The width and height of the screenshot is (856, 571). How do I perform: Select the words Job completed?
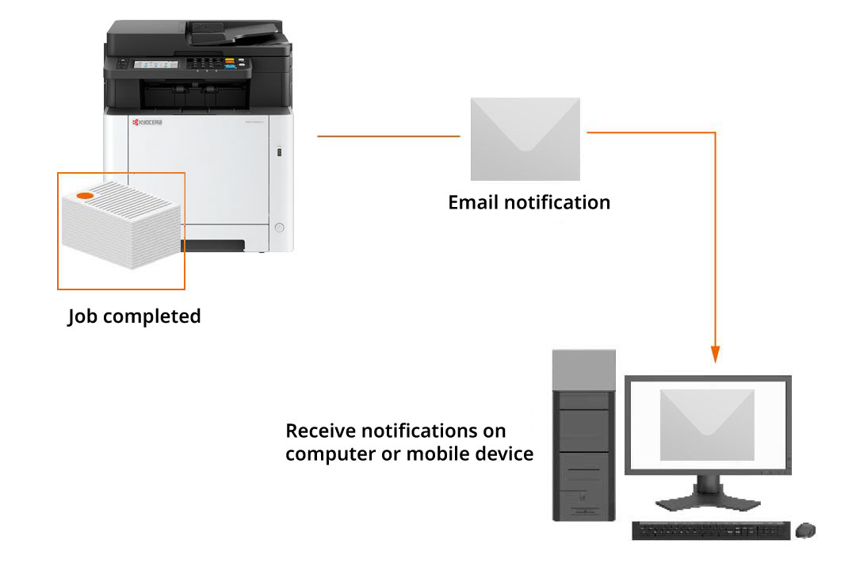(134, 316)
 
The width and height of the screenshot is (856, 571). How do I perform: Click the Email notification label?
(529, 202)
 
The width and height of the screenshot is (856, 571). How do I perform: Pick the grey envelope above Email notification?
(525, 139)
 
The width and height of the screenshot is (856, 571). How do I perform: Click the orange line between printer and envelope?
(388, 136)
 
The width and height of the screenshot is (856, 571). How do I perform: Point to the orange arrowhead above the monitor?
(715, 354)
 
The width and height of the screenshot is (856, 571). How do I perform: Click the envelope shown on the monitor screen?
(707, 424)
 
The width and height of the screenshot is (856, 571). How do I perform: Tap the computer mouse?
(805, 530)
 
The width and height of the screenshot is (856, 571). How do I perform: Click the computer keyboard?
(710, 531)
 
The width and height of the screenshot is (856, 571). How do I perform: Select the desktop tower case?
(583, 436)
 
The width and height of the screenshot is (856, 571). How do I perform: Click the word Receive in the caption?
(321, 431)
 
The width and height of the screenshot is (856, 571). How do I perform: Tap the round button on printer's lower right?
(278, 228)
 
